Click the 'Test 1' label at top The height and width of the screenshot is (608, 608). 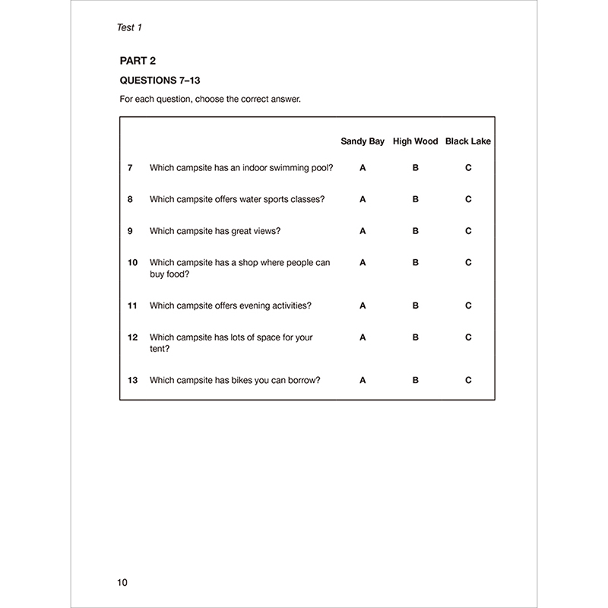pos(126,27)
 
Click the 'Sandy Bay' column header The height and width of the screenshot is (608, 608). pos(363,141)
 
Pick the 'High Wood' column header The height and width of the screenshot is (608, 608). pos(415,141)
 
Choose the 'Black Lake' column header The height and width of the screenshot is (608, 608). pos(468,141)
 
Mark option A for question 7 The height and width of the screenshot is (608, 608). pos(363,167)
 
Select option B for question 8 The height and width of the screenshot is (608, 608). pos(416,199)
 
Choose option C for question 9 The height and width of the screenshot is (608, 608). pos(468,231)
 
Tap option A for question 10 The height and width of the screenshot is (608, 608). pos(363,262)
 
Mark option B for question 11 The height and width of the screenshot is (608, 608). pos(416,306)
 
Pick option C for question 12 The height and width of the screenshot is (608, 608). pos(468,337)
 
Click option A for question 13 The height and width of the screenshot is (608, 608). pos(363,380)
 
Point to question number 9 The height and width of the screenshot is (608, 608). pos(131,231)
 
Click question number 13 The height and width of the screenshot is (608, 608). pos(132,380)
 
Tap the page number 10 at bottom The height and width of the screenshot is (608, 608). pos(122,583)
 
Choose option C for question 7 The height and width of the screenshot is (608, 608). pos(468,167)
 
